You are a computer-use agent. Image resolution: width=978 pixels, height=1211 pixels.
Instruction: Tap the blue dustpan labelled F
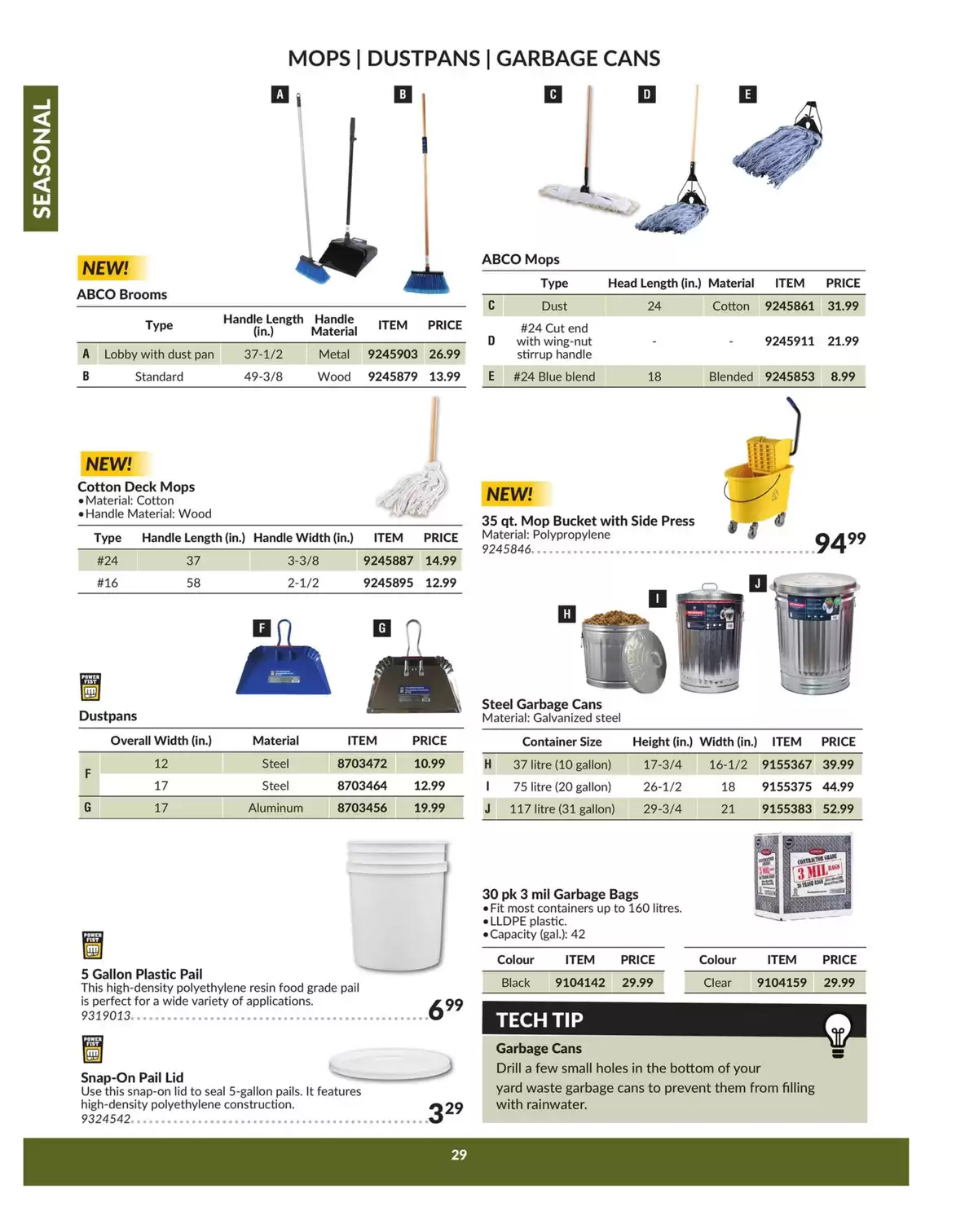pos(283,668)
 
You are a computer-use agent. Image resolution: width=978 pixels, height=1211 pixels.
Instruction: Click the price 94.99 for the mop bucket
pos(839,542)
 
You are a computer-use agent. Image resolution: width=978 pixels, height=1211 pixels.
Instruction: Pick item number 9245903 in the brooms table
pos(392,354)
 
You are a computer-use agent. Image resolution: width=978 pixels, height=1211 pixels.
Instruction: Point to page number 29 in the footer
pos(459,1154)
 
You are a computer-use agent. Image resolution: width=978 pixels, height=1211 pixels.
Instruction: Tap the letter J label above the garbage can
pos(757,583)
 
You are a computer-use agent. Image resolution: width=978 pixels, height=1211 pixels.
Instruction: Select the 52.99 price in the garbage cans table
pos(838,808)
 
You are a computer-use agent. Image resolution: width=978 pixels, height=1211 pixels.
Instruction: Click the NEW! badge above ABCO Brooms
pos(106,268)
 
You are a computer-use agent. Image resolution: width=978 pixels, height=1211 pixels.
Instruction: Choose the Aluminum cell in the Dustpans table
pos(275,808)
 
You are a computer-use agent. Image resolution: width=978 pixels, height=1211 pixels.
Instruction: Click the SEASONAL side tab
pos(41,158)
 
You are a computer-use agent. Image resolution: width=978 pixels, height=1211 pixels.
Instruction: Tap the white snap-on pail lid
pos(390,1063)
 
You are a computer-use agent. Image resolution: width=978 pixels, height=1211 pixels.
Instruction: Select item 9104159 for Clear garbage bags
pos(781,982)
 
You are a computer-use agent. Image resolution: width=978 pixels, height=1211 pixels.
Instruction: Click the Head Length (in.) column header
pos(654,283)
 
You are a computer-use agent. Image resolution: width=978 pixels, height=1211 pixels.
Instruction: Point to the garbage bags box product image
pos(803,876)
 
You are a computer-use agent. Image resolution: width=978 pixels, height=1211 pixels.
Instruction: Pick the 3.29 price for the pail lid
pos(445,1112)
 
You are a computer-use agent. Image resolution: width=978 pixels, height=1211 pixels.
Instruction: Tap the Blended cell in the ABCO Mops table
pos(730,377)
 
